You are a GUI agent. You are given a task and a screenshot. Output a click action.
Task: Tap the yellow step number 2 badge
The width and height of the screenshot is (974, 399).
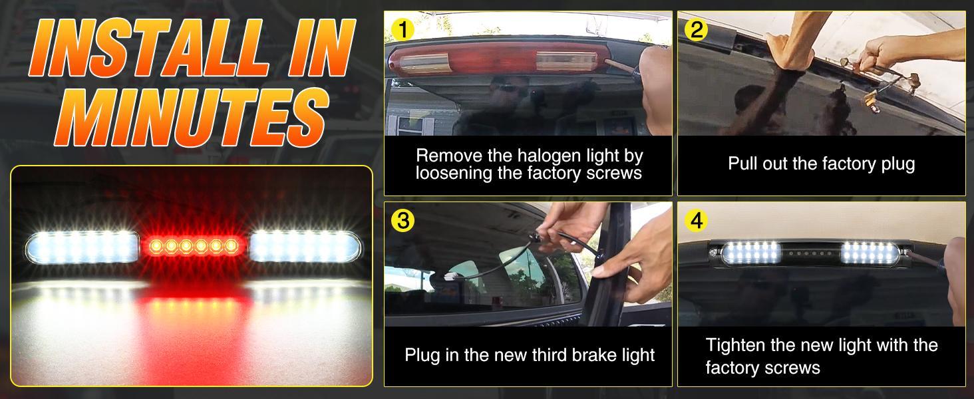click(x=696, y=29)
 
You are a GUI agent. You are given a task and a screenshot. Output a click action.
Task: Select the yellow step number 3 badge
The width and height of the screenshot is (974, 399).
click(x=403, y=220)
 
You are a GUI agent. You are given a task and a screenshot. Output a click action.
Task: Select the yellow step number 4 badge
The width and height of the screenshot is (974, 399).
click(x=696, y=220)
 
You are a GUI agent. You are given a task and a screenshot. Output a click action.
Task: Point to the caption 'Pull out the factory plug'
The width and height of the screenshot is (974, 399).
click(x=821, y=164)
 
